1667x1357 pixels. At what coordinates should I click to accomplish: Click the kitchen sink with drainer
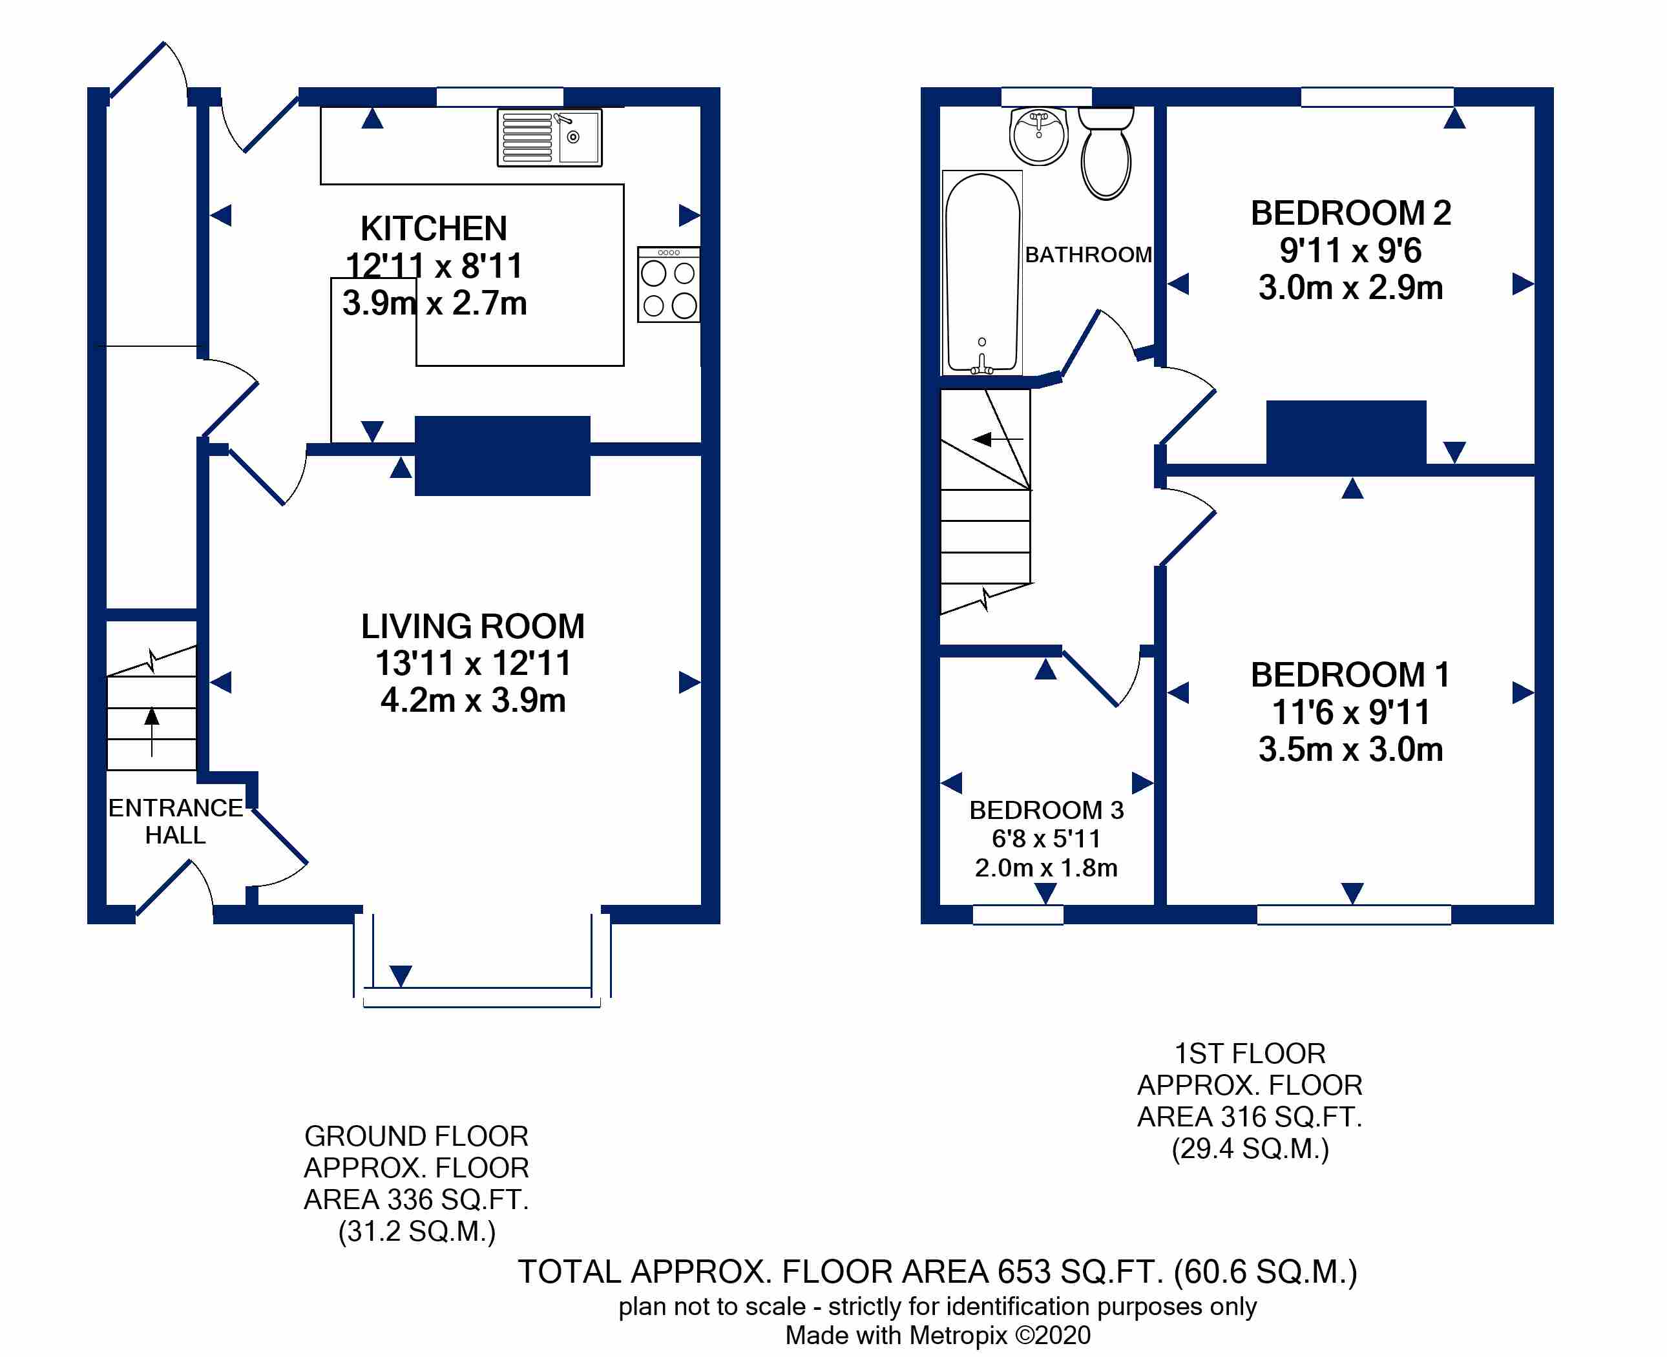point(550,138)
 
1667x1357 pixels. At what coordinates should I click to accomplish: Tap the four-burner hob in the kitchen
point(669,285)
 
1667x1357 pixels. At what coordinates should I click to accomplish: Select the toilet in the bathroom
point(1106,152)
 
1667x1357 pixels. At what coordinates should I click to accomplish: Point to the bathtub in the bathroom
point(982,273)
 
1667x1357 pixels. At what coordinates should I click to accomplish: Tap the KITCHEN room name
point(434,228)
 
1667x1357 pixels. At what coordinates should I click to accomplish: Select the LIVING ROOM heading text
point(473,626)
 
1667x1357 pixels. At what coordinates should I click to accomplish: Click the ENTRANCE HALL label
point(176,822)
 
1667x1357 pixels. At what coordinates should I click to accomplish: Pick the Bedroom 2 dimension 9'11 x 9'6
point(1350,251)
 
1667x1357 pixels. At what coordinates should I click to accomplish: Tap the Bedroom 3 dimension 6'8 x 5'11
point(1046,839)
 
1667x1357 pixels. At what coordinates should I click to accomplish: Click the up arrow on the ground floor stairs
point(152,732)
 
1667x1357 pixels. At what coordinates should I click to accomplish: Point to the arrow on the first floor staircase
point(998,439)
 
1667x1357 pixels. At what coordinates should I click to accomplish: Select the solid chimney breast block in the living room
point(502,456)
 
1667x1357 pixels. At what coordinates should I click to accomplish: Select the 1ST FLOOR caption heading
point(1250,1053)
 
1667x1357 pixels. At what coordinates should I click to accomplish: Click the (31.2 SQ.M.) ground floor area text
point(417,1231)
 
